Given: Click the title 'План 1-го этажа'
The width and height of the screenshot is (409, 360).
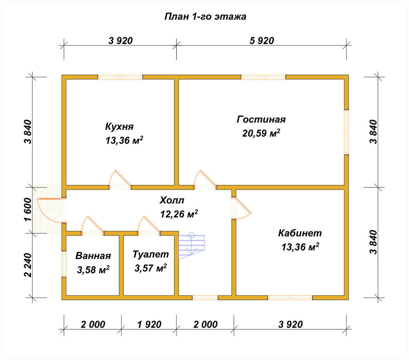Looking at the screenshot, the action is point(205,16).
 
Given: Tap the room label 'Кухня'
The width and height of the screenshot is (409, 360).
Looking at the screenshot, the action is point(119,126).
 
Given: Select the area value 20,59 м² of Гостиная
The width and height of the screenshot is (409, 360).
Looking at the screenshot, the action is point(261,133).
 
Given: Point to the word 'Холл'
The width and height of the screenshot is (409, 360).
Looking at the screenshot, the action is point(172,200).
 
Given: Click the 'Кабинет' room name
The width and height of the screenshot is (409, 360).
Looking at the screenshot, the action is point(300,233).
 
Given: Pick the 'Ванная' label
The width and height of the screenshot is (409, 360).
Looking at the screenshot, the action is point(93,256).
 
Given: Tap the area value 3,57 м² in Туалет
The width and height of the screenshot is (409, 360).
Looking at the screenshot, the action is point(151,268).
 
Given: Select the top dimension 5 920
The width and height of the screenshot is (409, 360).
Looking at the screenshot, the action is point(262,40).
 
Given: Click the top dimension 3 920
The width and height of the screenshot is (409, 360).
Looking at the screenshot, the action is point(121,40).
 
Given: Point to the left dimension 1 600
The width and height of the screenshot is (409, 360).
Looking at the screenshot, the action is point(28,209).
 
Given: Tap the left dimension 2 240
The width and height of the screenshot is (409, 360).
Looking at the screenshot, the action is point(28,265).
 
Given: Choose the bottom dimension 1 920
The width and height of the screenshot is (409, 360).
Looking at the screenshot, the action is point(149,324).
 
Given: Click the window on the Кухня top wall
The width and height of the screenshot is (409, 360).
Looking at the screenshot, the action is point(120,77).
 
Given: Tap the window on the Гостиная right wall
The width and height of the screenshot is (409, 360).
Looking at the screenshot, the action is point(346,132).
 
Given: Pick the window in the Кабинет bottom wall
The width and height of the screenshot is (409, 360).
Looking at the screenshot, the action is point(290,298).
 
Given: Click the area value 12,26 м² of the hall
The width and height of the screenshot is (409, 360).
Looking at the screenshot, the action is point(179,214).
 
